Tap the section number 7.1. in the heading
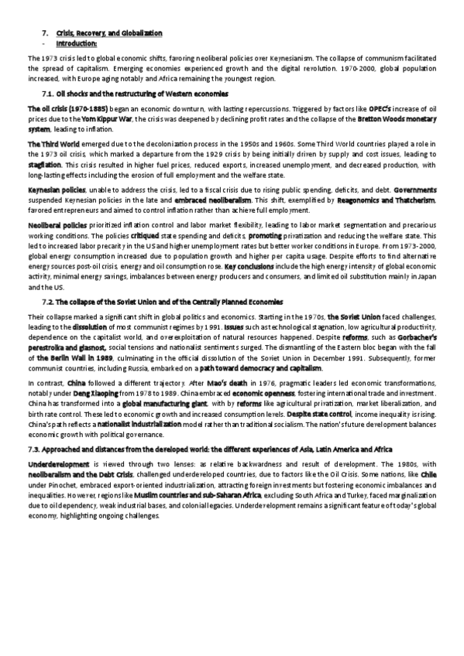click(x=50, y=92)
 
